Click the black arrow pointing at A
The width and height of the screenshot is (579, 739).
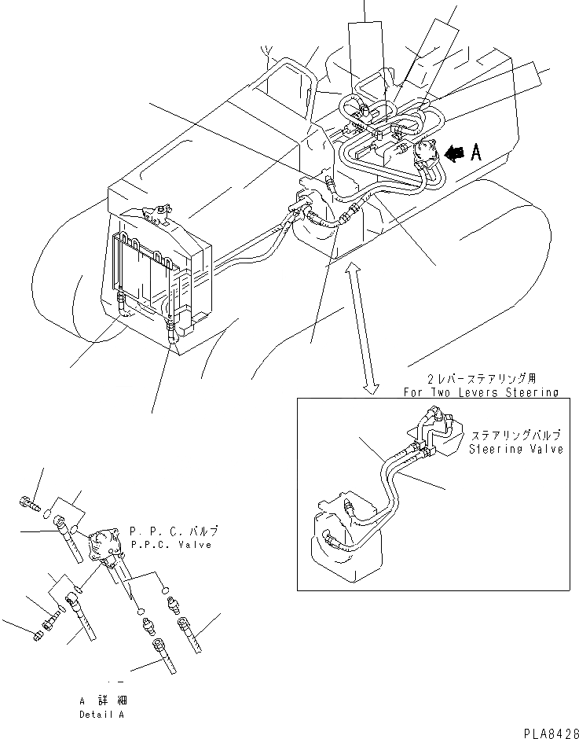[453, 155]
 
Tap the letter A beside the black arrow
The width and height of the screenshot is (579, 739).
[475, 153]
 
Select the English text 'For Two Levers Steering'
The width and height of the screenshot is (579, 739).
[480, 392]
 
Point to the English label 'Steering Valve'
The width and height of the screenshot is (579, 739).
[516, 450]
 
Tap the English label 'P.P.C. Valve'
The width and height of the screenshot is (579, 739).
[170, 544]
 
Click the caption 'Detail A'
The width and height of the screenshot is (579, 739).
[101, 715]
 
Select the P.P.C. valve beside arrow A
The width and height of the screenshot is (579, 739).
[427, 154]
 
